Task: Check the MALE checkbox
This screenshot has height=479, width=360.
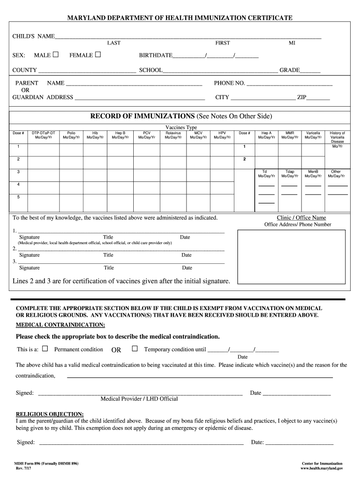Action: click(x=56, y=55)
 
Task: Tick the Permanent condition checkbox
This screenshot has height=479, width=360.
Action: click(x=45, y=348)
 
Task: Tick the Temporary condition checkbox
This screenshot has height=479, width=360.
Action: click(x=135, y=348)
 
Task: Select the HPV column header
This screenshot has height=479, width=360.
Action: click(x=222, y=135)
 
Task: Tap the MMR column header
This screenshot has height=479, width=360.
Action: click(x=289, y=135)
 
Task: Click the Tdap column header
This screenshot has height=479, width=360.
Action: click(x=289, y=174)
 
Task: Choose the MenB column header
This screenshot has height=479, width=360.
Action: click(x=313, y=174)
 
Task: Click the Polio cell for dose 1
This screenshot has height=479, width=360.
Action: click(x=71, y=147)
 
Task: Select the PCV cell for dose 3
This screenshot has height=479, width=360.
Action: click(x=147, y=172)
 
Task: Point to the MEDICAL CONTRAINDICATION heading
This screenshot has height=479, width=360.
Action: click(x=60, y=325)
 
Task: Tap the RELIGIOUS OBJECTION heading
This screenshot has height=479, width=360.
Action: click(x=50, y=414)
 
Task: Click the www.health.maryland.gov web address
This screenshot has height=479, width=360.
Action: click(x=322, y=468)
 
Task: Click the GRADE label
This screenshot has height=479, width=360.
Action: click(x=289, y=70)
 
